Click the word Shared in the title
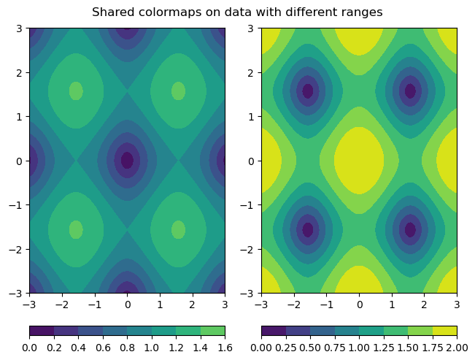[111, 12]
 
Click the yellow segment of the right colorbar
[444, 331]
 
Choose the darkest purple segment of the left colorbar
[42, 331]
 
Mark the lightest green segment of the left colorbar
[212, 331]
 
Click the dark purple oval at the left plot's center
[127, 160]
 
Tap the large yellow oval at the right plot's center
[359, 160]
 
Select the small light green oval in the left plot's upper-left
[76, 91]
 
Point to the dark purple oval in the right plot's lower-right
[410, 229]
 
